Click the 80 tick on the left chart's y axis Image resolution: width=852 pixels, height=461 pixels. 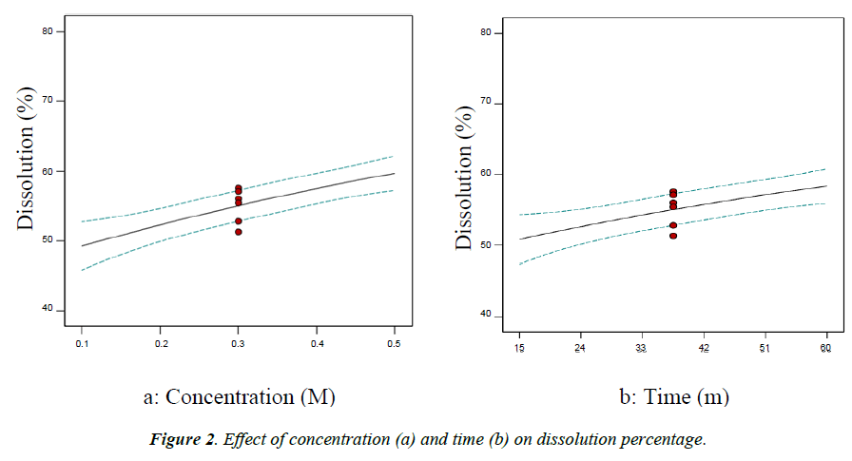click(54, 31)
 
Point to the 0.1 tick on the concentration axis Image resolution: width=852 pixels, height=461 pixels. click(82, 344)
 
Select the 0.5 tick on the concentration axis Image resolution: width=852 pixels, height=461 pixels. click(394, 344)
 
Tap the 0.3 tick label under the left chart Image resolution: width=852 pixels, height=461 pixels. click(238, 344)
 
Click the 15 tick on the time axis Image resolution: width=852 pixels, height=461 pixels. click(519, 349)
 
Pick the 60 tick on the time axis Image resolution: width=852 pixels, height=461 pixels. click(826, 349)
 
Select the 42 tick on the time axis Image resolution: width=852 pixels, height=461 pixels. click(704, 349)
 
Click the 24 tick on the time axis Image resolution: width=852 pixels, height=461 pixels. click(580, 349)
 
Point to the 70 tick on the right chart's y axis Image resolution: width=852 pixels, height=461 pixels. click(493, 103)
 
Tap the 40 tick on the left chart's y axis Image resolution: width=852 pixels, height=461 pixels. click(54, 311)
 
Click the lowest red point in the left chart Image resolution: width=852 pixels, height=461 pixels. click(239, 231)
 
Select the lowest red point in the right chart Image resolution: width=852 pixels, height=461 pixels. click(673, 236)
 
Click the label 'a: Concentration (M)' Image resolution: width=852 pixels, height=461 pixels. click(239, 396)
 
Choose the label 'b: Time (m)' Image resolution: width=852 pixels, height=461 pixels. click(672, 396)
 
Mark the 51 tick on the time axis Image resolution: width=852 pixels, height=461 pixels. click(765, 349)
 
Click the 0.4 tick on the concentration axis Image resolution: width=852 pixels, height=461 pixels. click(317, 344)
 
